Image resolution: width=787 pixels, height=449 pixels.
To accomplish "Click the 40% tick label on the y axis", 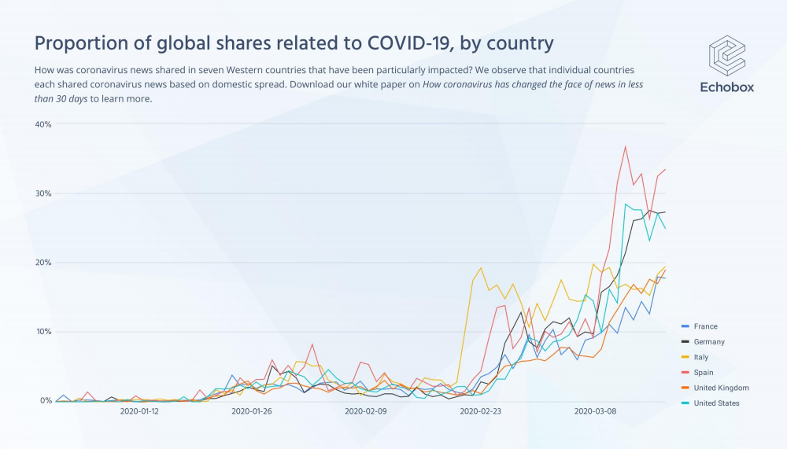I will click(42, 124).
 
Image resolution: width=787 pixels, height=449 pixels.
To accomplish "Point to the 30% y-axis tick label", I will click(42, 193).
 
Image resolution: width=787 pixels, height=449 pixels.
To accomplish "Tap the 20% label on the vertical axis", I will click(42, 263).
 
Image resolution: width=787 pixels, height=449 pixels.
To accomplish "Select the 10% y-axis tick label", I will click(42, 332).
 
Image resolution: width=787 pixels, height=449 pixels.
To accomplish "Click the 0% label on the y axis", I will click(45, 401).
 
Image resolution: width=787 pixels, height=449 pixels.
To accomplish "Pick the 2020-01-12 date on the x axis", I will click(139, 410).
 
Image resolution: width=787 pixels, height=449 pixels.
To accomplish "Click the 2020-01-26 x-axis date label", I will click(252, 410).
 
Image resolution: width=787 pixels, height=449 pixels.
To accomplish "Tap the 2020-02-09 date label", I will click(365, 410).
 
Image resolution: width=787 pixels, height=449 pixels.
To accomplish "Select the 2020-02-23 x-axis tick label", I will click(480, 410).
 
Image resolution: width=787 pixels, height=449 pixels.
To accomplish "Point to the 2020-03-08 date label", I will click(594, 410).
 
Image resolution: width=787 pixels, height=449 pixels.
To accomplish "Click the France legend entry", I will click(705, 326).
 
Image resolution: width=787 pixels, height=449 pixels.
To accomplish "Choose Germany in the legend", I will click(709, 342).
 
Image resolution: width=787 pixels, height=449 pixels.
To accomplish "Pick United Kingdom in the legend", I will click(721, 388).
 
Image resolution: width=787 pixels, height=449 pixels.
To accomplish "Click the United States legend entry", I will click(716, 403).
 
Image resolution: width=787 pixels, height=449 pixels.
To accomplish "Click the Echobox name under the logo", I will click(726, 87).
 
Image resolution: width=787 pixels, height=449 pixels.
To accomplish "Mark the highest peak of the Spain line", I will click(626, 146).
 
